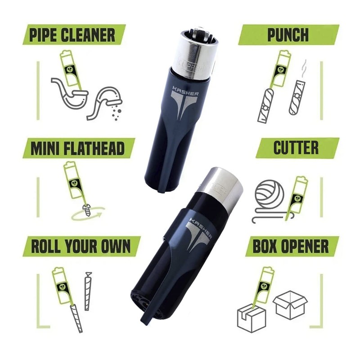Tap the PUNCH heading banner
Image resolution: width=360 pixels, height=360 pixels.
pos(288,35)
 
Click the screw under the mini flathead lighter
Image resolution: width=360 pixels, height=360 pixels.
pos(84,208)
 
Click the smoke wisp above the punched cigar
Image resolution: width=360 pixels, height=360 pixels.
pos(304,67)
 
